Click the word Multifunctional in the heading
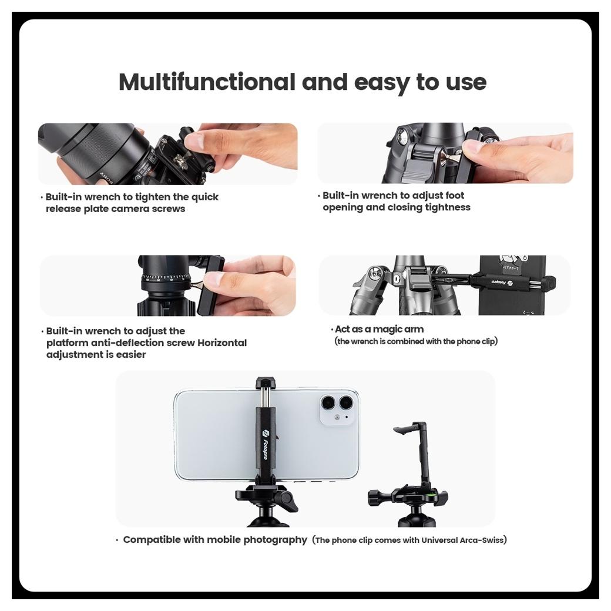pos(207,82)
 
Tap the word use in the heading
pos(466,83)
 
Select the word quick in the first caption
pos(206,197)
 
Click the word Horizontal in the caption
pos(222,343)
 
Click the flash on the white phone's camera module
pos(337,417)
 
